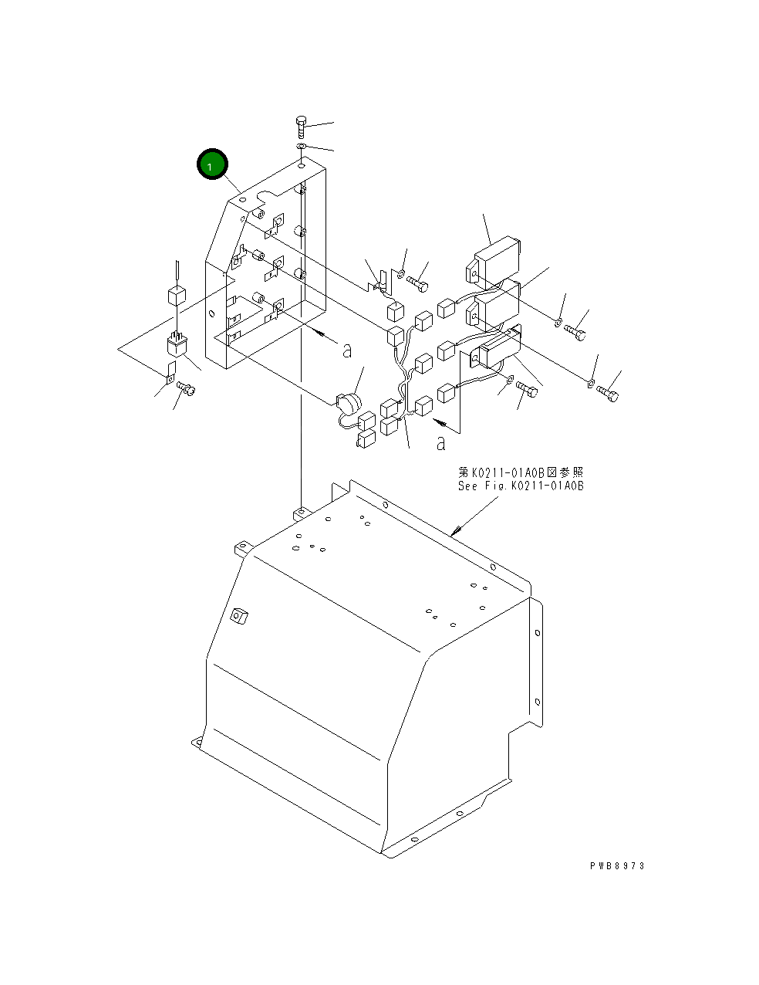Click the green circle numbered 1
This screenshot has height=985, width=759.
(x=212, y=164)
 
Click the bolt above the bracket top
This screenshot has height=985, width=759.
(x=302, y=127)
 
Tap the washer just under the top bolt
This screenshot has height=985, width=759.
(x=302, y=146)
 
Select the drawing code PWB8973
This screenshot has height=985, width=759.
(x=617, y=866)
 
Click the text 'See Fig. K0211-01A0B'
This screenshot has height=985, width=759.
(x=521, y=486)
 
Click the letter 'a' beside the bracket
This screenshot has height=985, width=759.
(x=347, y=350)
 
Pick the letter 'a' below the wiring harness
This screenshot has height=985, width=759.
(x=440, y=443)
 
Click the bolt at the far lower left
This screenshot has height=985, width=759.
(x=186, y=387)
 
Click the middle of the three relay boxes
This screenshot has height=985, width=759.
(x=494, y=305)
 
